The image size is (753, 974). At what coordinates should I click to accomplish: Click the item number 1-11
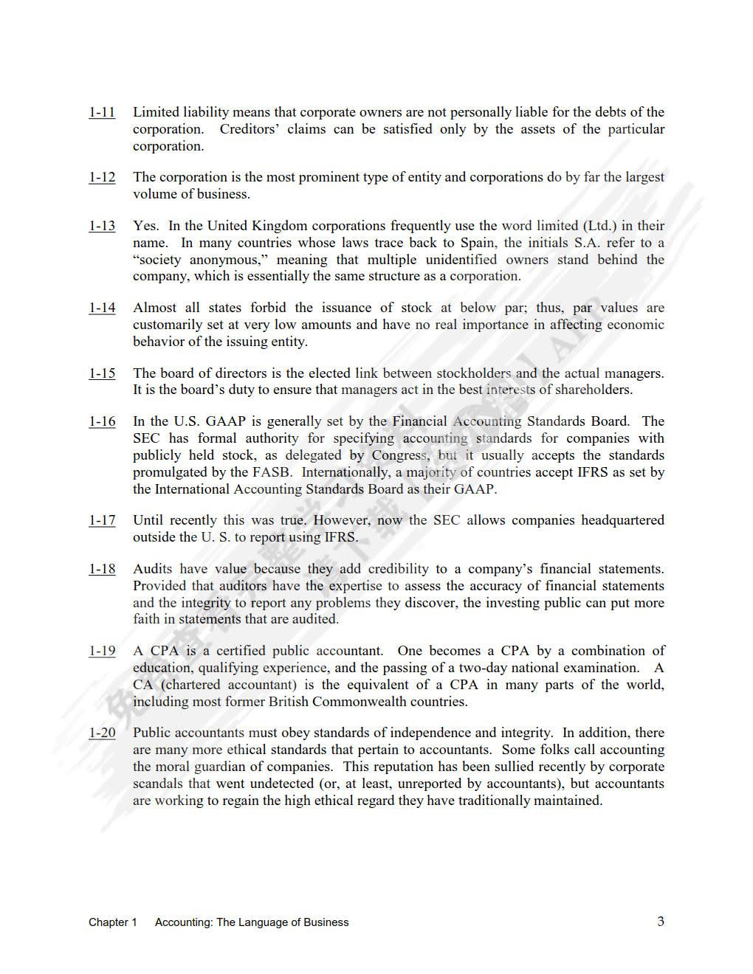102,112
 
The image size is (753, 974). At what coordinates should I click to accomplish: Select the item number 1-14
102,308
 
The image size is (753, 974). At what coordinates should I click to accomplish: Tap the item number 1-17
102,520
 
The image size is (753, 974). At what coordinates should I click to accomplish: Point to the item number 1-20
102,733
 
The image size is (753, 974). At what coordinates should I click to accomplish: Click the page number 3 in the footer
660,921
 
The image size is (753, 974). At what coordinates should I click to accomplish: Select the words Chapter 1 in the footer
113,922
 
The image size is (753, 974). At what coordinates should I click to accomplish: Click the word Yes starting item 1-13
145,226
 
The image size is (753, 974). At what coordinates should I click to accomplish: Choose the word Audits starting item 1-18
153,569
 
